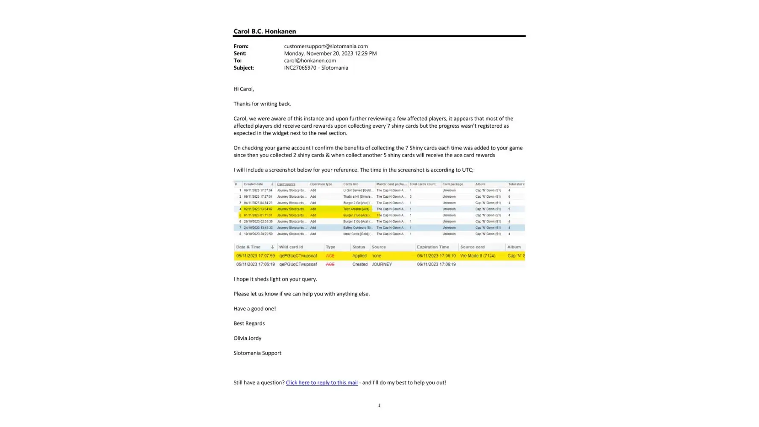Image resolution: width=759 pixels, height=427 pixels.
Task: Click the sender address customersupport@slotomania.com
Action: pos(326,46)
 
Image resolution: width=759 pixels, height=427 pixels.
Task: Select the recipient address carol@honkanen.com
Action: pos(310,61)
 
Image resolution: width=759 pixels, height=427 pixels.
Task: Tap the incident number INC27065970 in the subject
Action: pos(300,68)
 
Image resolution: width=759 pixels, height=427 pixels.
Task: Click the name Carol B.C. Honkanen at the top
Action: pos(265,31)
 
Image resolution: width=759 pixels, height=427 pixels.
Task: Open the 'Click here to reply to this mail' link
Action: pos(321,383)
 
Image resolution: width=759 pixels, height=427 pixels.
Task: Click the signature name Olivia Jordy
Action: pos(247,338)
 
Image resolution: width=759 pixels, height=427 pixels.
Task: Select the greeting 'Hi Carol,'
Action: pos(244,89)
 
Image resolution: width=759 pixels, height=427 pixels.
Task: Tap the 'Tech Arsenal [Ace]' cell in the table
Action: pos(356,209)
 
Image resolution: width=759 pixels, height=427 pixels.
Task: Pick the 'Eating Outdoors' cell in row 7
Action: pos(357,228)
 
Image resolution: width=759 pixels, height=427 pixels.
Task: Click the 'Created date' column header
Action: pos(254,184)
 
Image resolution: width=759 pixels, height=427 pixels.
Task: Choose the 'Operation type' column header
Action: pos(321,184)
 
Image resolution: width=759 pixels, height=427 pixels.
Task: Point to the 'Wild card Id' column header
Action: pos(291,247)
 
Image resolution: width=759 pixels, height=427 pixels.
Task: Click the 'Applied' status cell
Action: pos(359,256)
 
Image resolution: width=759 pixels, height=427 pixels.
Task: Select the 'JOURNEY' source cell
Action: pos(382,264)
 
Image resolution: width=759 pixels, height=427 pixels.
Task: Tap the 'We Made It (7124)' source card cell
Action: pos(478,256)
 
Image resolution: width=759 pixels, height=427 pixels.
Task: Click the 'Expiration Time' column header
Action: pos(433,247)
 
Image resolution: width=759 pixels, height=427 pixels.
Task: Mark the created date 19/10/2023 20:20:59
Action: pos(258,234)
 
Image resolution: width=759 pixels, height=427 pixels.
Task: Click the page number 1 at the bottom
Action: pos(379,405)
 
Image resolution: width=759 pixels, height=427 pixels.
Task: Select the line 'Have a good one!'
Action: pos(254,309)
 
